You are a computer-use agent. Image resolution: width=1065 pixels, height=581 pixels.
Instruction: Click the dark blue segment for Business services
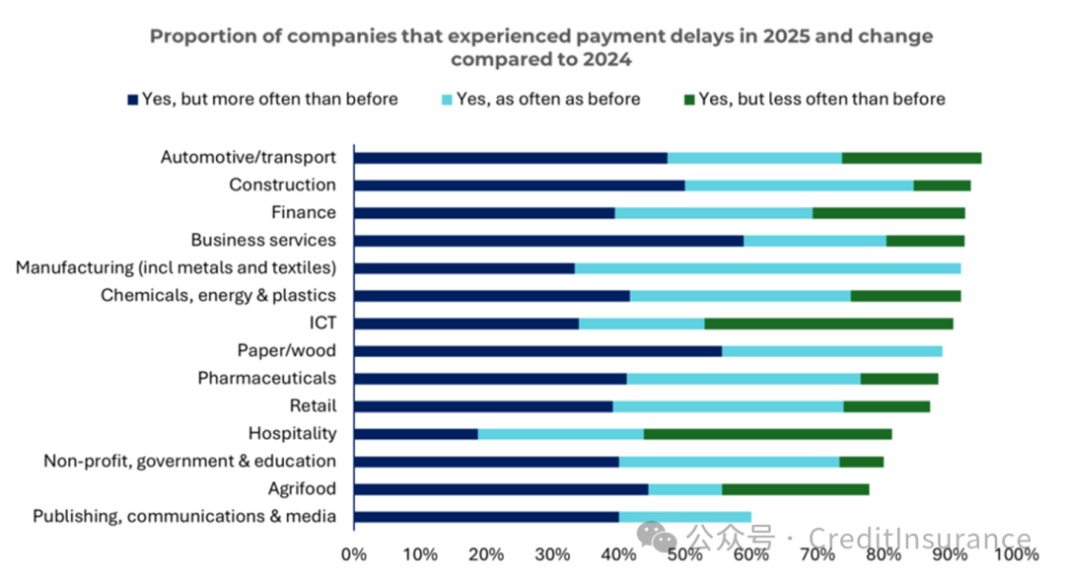(548, 240)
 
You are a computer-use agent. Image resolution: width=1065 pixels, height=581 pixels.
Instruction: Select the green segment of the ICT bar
(828, 323)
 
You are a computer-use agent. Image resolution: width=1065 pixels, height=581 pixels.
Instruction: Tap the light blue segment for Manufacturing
(767, 267)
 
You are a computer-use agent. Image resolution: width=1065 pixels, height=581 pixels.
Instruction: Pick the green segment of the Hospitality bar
(767, 433)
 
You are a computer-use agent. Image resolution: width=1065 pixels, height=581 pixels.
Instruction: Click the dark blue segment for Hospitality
(415, 433)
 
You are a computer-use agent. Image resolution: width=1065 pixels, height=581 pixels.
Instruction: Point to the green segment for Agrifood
(795, 488)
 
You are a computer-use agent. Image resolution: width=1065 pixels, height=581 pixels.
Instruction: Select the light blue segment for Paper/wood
(831, 350)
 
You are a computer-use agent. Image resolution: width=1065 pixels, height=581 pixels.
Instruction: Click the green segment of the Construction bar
(942, 184)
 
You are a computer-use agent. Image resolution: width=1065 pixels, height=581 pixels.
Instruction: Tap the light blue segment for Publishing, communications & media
(684, 516)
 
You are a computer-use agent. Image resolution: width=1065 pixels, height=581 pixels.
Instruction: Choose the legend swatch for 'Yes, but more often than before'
(133, 99)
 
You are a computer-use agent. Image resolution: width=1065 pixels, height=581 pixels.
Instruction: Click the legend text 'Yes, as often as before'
(548, 99)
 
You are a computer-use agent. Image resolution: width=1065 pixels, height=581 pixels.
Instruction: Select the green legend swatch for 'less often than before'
(690, 99)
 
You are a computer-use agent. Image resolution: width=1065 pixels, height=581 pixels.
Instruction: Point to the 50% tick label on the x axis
(684, 554)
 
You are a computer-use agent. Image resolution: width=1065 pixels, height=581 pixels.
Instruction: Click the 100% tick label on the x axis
(1016, 554)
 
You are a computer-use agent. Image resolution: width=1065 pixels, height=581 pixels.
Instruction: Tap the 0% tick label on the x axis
(353, 554)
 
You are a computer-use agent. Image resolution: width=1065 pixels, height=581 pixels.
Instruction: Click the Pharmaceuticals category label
(266, 378)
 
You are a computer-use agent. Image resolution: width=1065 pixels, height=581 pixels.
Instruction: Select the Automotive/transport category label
(248, 157)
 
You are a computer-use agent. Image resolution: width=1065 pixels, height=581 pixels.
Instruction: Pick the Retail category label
(313, 405)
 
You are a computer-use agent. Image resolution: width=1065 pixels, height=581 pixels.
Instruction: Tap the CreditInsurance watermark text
(920, 539)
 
